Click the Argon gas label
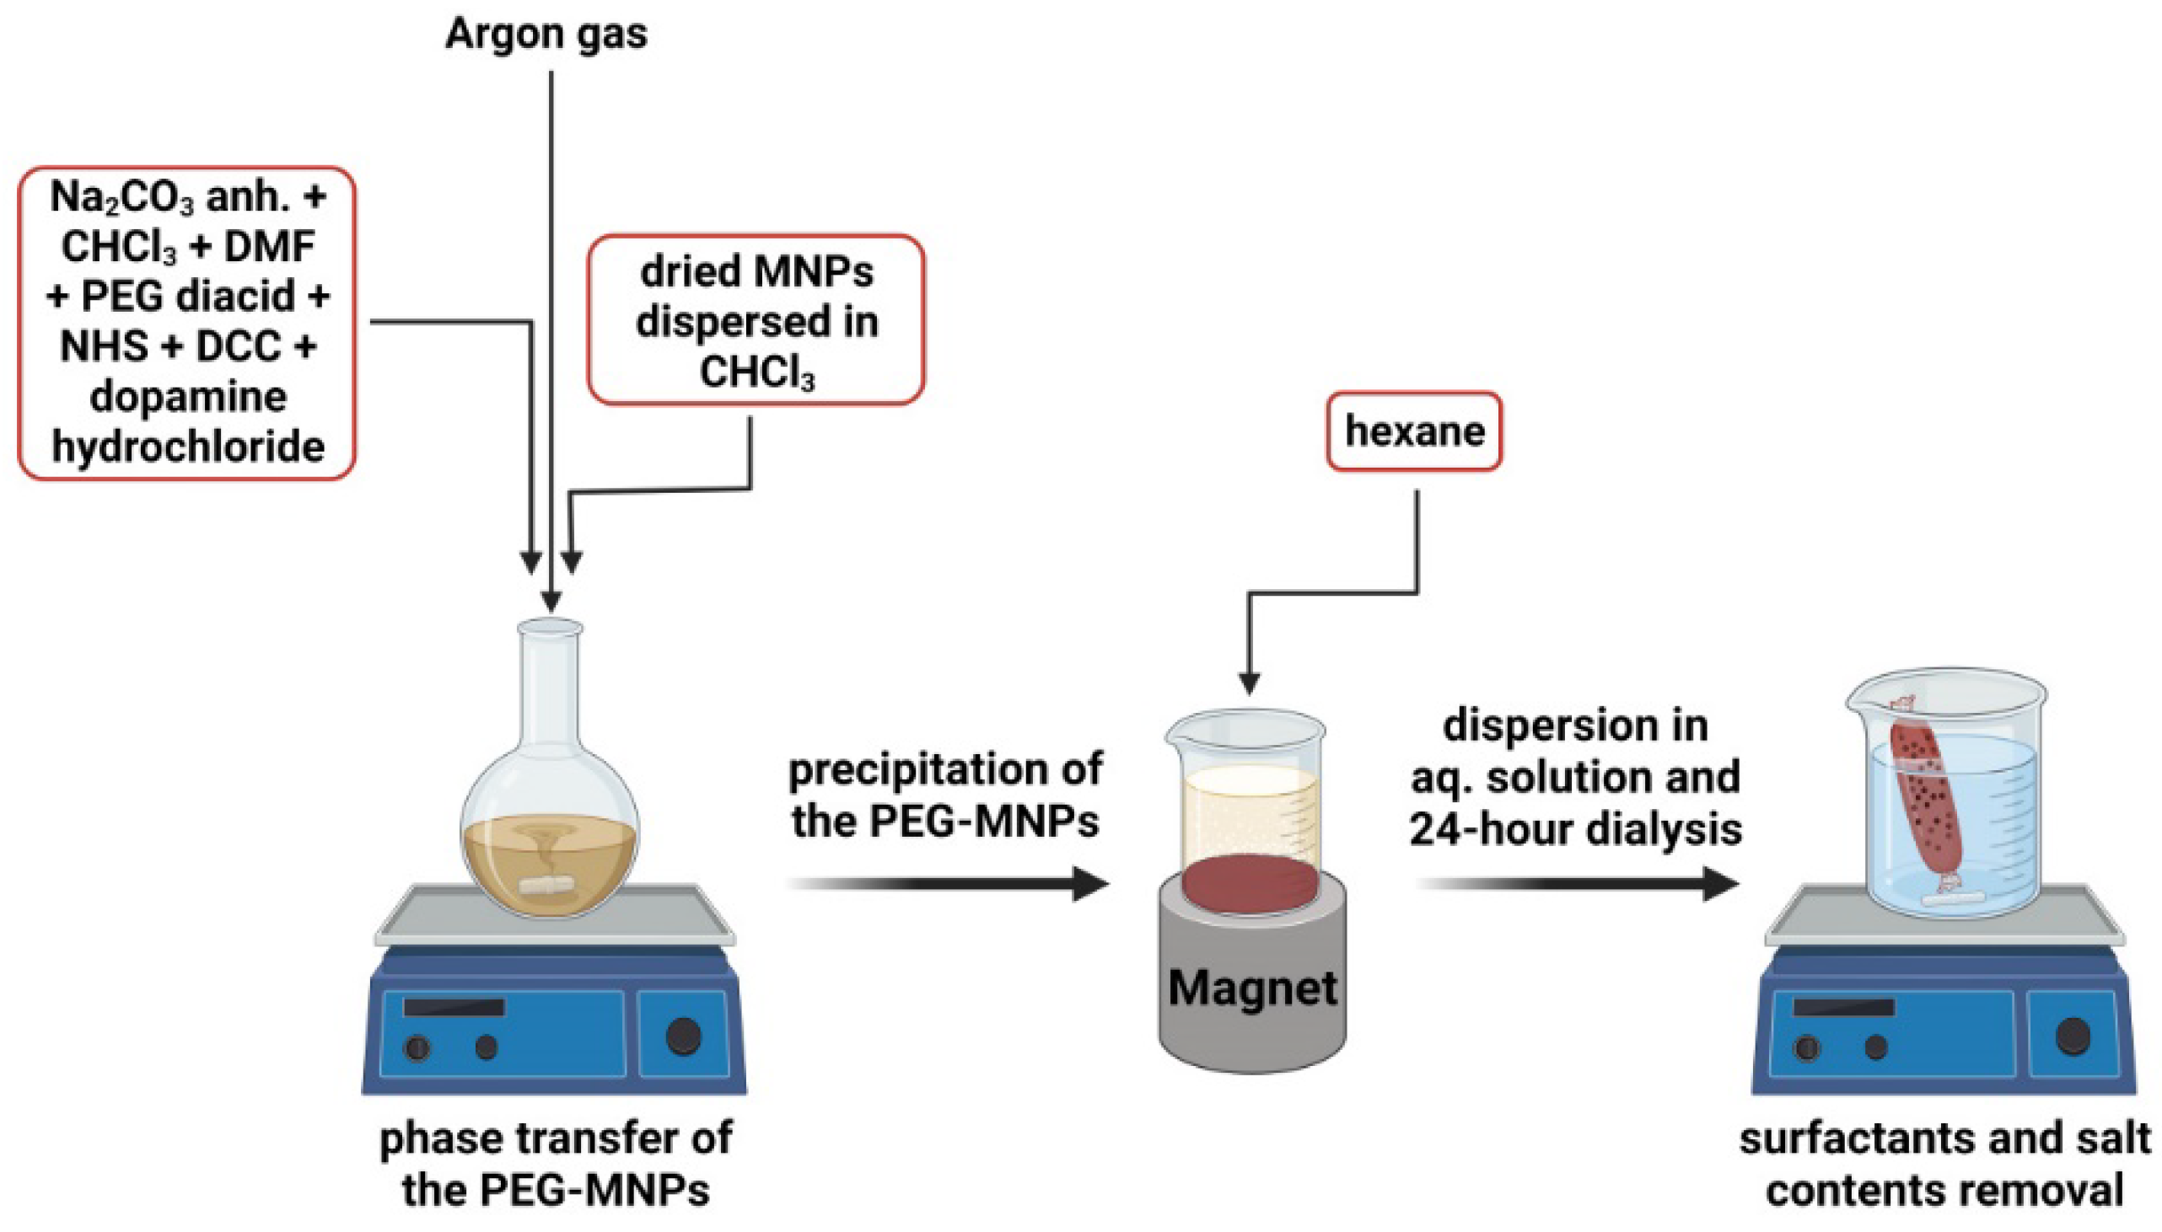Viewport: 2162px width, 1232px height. click(x=546, y=34)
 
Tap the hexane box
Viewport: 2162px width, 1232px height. click(x=1414, y=431)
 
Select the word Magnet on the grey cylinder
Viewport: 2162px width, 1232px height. click(x=1252, y=987)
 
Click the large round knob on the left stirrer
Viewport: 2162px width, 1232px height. click(x=684, y=1036)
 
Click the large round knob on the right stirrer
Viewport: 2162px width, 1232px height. click(x=2073, y=1036)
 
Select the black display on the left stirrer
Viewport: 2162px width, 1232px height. click(x=454, y=1007)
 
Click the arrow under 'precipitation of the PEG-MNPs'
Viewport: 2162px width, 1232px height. click(x=948, y=884)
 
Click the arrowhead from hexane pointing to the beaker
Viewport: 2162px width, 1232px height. click(x=1250, y=682)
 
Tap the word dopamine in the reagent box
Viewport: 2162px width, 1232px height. click(x=188, y=396)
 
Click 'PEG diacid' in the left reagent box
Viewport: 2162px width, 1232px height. click(x=188, y=296)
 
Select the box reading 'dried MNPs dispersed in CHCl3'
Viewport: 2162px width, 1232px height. click(x=756, y=321)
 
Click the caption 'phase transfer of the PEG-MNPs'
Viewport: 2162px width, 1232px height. click(x=556, y=1164)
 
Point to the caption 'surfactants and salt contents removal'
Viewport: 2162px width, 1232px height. click(x=1944, y=1164)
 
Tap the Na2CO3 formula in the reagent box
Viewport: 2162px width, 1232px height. click(x=122, y=197)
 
